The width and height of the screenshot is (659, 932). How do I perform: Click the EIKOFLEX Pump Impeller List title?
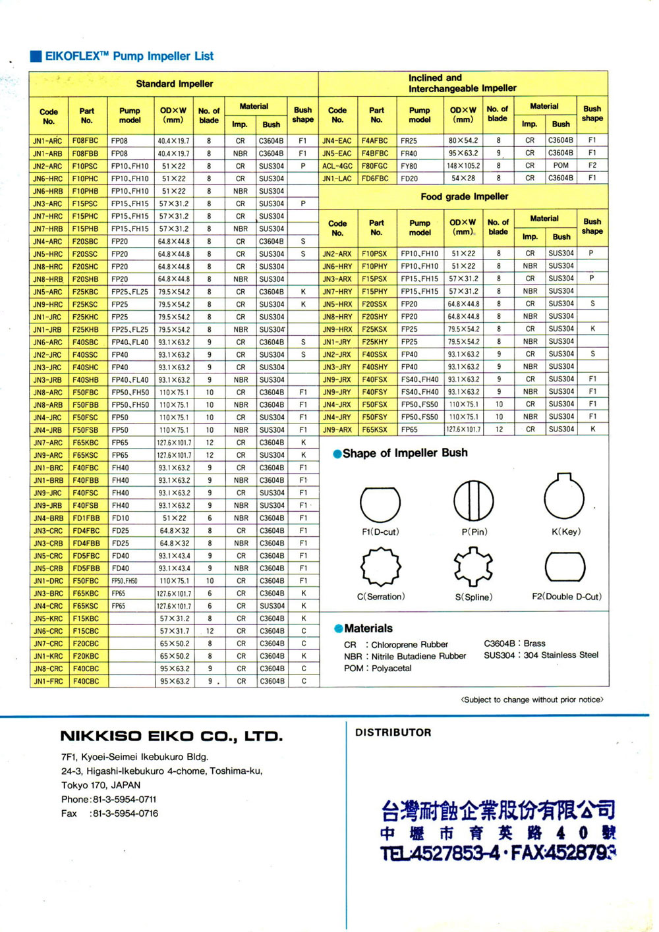(129, 56)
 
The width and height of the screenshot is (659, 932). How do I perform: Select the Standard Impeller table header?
(174, 84)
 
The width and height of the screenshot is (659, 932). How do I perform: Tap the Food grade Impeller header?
(464, 196)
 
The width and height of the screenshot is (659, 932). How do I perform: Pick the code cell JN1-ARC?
(48, 141)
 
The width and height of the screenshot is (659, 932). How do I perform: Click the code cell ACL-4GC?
(337, 166)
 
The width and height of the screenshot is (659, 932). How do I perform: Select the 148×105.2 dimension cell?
(463, 166)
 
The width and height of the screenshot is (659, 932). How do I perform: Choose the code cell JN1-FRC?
(48, 681)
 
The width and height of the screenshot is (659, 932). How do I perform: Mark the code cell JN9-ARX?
(337, 429)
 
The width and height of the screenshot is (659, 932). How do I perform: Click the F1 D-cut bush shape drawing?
(380, 504)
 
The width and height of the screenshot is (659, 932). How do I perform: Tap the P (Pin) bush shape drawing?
(473, 500)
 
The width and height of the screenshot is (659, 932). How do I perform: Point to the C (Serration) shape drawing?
(380, 566)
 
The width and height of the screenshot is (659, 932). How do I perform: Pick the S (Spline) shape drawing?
(473, 566)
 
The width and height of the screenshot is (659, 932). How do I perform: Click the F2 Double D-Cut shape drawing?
(565, 566)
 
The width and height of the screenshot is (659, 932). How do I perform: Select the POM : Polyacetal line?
(378, 669)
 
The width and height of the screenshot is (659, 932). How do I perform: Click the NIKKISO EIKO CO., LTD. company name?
(171, 736)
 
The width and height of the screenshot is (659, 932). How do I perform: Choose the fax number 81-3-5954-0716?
(125, 813)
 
